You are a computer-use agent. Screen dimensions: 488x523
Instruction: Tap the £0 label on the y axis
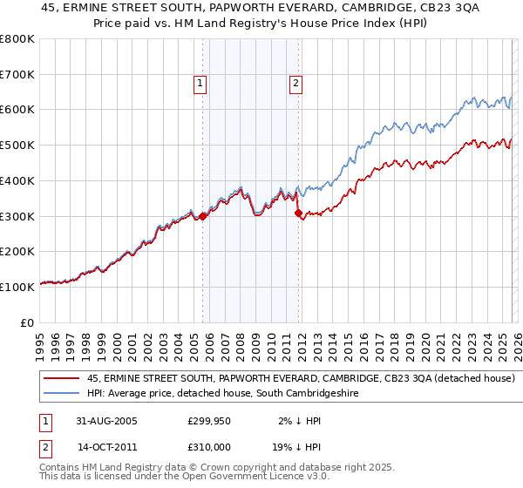click(x=28, y=322)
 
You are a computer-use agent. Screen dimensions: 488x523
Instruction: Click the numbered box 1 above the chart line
click(x=200, y=84)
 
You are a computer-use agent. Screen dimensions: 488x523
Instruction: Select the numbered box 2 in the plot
click(x=296, y=84)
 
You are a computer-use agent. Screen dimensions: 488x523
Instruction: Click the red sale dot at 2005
click(x=203, y=216)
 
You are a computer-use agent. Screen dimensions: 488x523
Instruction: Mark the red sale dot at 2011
click(x=298, y=213)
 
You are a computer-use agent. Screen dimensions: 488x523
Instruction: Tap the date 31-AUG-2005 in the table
click(x=107, y=420)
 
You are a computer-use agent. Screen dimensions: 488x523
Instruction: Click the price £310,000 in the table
click(x=209, y=446)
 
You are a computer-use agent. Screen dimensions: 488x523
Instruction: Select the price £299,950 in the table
click(x=209, y=420)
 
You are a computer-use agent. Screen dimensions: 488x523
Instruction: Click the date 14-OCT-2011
click(x=107, y=446)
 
